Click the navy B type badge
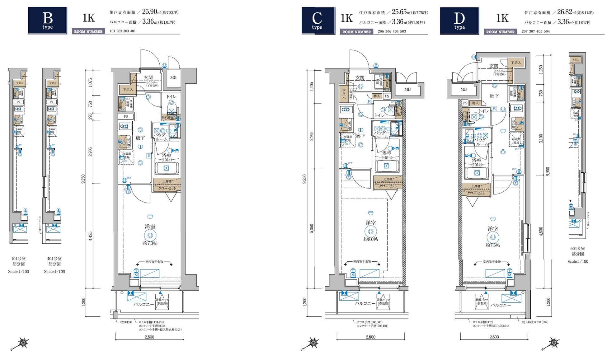(x=47, y=21)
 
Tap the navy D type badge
(x=459, y=21)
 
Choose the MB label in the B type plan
(x=173, y=77)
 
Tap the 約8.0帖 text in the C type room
(x=370, y=239)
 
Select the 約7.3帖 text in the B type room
(x=150, y=243)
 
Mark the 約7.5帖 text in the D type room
(x=493, y=245)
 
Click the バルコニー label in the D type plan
(x=501, y=305)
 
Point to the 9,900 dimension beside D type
(x=548, y=171)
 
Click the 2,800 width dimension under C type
(x=370, y=337)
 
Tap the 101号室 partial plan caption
(x=18, y=259)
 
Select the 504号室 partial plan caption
(x=577, y=249)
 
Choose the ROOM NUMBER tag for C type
(x=356, y=32)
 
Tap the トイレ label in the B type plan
(x=171, y=97)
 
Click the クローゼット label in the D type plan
(x=476, y=193)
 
